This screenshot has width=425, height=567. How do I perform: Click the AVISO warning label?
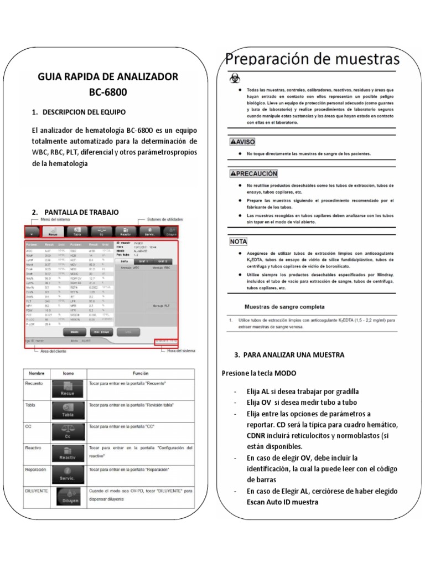[242, 142]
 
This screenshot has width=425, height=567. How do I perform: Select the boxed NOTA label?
[239, 241]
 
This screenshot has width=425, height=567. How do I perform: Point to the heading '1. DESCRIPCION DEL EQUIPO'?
[79, 112]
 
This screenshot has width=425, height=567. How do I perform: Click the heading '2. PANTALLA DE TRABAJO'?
[75, 212]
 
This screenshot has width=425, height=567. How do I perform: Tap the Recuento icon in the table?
[69, 388]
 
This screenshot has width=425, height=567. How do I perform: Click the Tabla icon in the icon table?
[69, 410]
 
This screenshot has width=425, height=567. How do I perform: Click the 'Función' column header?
[141, 373]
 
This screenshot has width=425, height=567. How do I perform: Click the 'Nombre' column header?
[36, 373]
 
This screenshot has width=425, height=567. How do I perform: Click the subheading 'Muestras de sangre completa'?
[284, 306]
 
